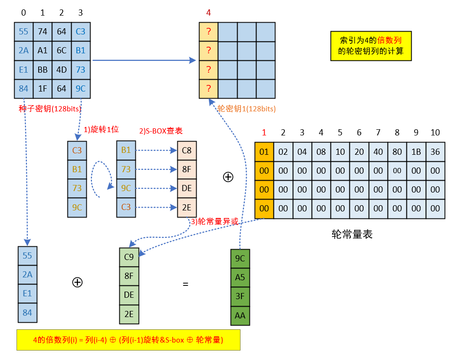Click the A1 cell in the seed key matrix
42,50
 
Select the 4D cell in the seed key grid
61,70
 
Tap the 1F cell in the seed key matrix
42,88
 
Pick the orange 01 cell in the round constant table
264,151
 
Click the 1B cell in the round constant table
416,151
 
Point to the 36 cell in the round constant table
435,151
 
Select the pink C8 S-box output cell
186,151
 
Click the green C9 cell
129,257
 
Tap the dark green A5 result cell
240,277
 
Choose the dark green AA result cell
240,315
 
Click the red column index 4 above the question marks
208,13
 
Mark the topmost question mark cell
208,32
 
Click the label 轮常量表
352,234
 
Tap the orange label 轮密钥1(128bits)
247,109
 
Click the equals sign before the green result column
185,284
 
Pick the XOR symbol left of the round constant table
228,177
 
